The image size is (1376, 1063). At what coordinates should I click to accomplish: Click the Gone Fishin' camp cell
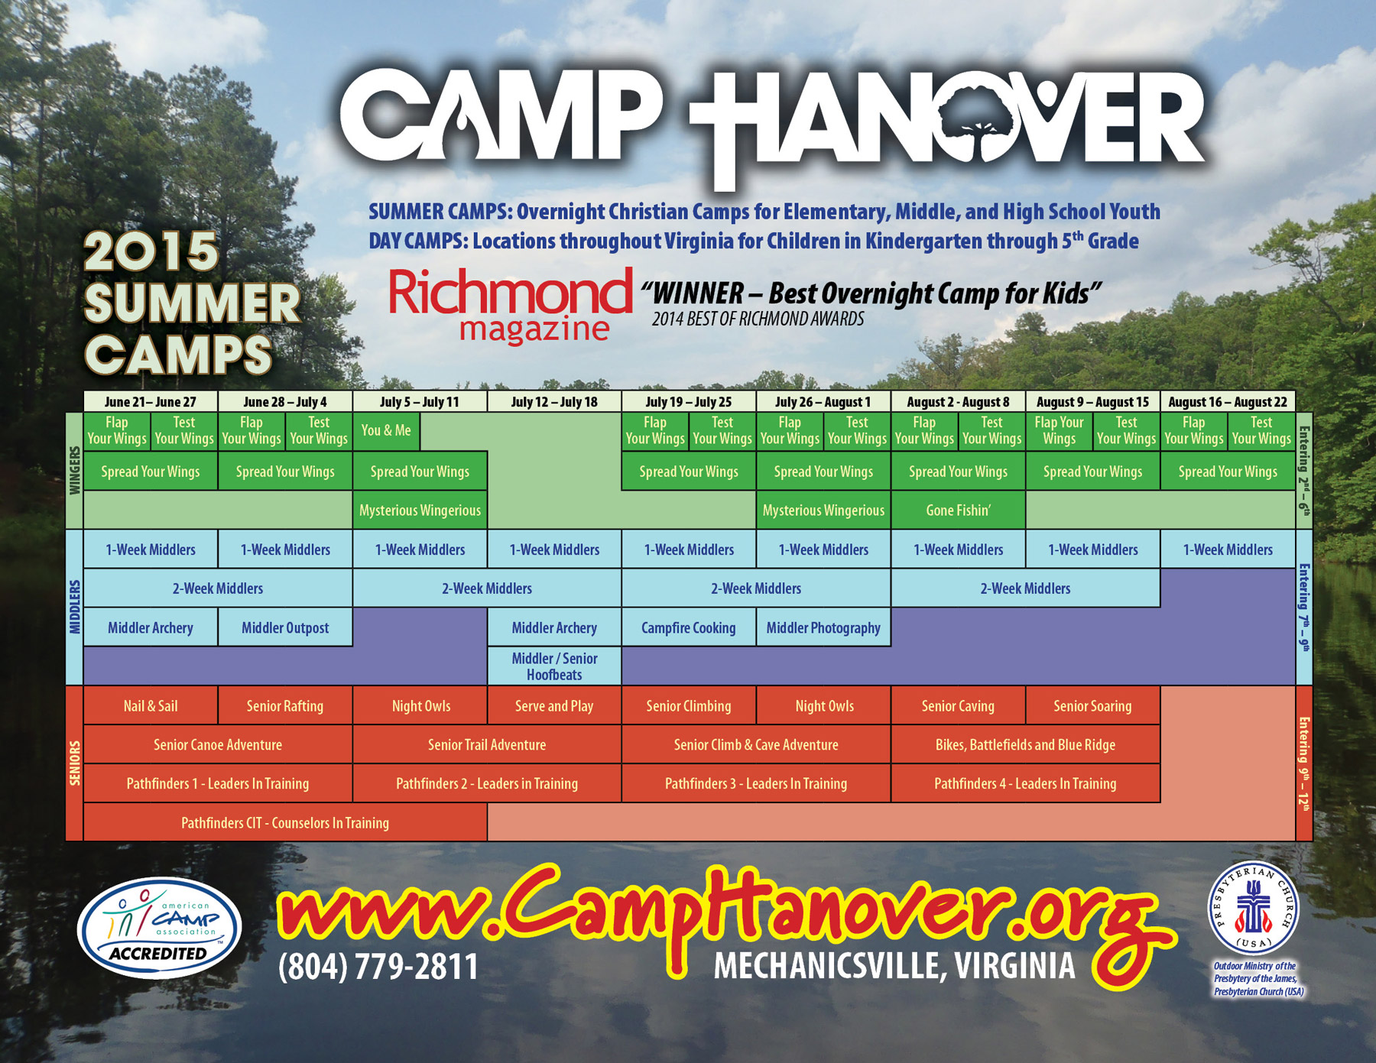point(958,510)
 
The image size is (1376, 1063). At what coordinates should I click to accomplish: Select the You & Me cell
point(386,431)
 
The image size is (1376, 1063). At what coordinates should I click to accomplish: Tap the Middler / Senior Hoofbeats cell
point(554,666)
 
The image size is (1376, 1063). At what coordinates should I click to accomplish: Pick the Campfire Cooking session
point(689,627)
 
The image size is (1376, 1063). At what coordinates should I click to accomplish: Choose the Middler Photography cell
point(823,627)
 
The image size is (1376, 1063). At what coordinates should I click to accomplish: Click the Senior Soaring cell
point(1092,705)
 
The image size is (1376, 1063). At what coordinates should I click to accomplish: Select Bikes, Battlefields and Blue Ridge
point(1025,744)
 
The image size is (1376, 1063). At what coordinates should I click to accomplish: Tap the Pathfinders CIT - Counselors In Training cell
point(285,822)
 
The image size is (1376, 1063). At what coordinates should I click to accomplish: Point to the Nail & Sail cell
point(151,705)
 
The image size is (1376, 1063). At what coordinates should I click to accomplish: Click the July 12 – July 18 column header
point(554,402)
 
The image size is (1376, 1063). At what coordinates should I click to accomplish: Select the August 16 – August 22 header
point(1228,402)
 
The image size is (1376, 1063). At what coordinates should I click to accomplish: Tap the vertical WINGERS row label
point(75,472)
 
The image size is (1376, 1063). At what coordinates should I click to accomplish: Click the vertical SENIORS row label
point(75,763)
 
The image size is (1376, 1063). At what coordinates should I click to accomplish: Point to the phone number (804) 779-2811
point(378,967)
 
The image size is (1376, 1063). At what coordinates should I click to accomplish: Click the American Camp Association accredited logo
point(159,928)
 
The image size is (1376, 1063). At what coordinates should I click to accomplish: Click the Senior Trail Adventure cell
point(487,744)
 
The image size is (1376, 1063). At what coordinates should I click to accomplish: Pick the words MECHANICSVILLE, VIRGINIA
point(894,967)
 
